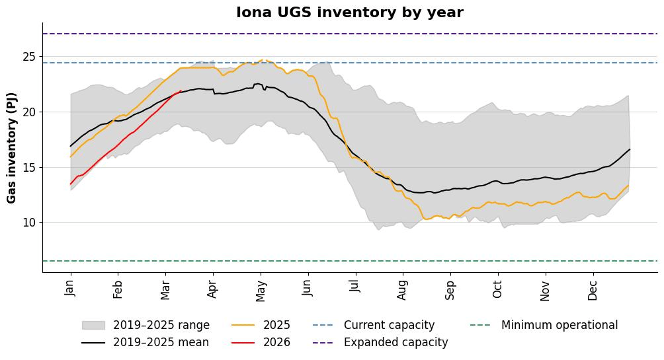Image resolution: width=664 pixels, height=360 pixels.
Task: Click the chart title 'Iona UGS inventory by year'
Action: click(x=350, y=13)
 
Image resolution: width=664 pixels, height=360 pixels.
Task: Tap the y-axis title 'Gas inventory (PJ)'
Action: click(x=12, y=148)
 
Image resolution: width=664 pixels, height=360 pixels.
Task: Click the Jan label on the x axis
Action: click(x=71, y=289)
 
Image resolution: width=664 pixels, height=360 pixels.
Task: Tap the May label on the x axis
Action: click(x=261, y=291)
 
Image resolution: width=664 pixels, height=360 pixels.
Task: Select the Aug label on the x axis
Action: click(x=403, y=290)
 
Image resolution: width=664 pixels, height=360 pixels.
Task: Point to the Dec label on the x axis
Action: click(x=593, y=290)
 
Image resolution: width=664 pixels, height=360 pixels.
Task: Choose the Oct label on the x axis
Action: click(x=498, y=289)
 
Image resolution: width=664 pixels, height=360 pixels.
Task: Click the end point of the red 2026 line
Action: click(x=181, y=90)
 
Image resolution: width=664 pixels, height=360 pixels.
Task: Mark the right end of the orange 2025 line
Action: click(x=629, y=185)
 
